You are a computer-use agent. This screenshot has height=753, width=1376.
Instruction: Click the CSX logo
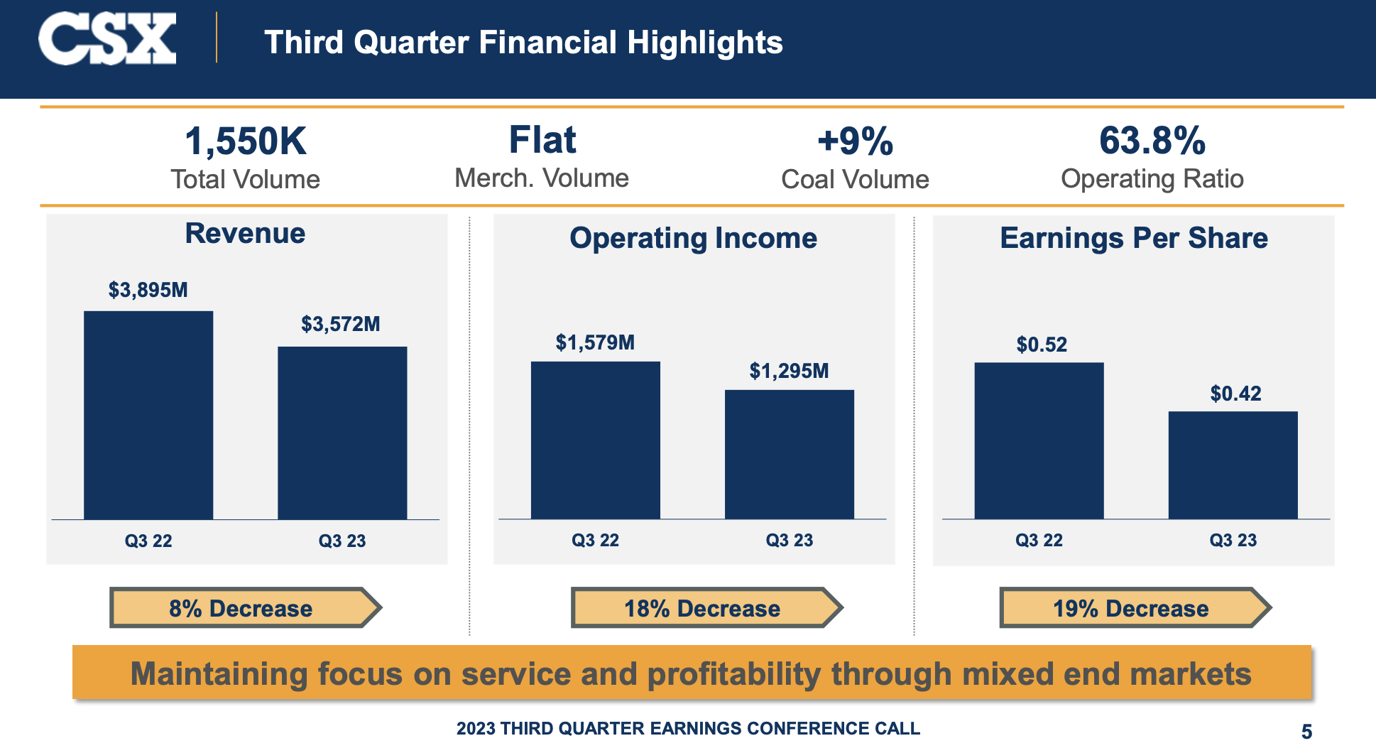(107, 39)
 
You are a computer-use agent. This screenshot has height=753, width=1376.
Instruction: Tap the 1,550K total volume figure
(245, 141)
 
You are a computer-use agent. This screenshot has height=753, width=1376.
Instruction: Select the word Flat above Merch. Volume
(542, 140)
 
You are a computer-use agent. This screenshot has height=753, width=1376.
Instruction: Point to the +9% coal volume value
(855, 141)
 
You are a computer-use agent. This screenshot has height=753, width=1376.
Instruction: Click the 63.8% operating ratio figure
(1152, 141)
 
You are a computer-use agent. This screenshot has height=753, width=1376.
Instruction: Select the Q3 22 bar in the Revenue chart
(148, 415)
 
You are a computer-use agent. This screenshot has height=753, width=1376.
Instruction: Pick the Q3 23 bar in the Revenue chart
(342, 433)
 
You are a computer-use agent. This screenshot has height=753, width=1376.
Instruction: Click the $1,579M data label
(595, 342)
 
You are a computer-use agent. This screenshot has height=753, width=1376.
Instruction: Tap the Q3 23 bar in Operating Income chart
(789, 454)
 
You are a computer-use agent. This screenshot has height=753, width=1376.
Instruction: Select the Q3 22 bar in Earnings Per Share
(1039, 440)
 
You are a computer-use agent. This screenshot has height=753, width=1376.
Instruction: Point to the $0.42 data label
(1235, 394)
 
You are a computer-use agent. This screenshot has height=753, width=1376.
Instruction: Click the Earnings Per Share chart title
(1133, 238)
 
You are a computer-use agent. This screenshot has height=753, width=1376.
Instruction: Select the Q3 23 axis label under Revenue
(342, 541)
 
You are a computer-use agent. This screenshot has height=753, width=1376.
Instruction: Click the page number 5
(1306, 731)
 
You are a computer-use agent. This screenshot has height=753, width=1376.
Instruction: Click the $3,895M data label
(148, 290)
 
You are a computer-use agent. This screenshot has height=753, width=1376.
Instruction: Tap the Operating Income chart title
(693, 238)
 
